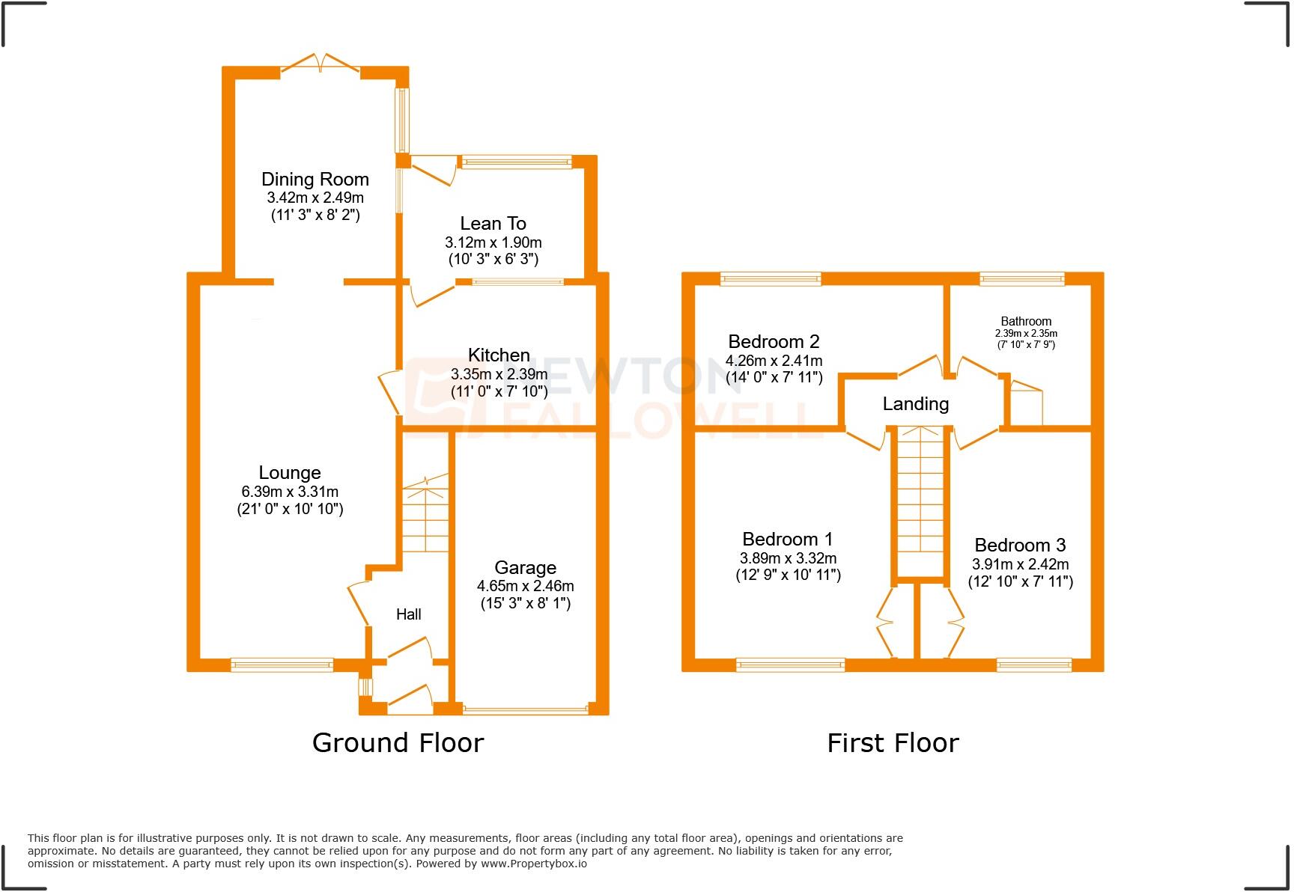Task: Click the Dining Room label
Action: coord(315,180)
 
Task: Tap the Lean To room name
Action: coord(493,224)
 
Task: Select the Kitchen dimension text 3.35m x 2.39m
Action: coord(499,374)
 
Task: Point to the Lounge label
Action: coord(290,473)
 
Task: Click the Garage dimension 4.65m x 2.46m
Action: coord(525,586)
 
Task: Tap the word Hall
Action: coord(408,614)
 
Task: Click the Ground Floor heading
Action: coord(398,743)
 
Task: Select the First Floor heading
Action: coord(893,743)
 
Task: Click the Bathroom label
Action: coord(1026,321)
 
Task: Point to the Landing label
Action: coord(915,404)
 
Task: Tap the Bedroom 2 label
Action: coord(774,342)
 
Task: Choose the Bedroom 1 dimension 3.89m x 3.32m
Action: coord(788,558)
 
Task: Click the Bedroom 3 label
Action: coord(1020,546)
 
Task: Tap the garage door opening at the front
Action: coord(525,709)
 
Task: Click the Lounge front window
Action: coord(282,664)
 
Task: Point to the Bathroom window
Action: coord(1021,279)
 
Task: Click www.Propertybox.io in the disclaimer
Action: coord(533,864)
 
